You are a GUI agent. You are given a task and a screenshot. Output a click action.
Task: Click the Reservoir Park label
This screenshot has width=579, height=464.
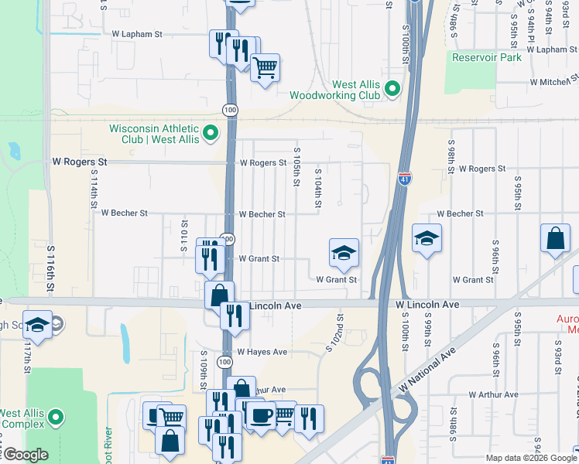pos(487,56)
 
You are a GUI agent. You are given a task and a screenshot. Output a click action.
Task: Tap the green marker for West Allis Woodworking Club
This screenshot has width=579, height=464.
pos(392,90)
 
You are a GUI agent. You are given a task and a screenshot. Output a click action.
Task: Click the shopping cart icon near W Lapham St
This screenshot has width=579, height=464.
pos(266,68)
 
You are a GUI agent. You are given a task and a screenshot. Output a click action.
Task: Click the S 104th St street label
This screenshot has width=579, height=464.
pos(317,189)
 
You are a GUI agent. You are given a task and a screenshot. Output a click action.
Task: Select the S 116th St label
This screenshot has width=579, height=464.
pos(50,268)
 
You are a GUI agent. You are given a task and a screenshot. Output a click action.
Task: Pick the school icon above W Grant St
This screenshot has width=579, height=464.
pos(344,252)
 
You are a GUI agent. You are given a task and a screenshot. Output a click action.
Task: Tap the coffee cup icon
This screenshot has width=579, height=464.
pos(260,415)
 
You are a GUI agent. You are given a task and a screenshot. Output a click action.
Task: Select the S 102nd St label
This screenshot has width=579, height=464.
pos(339,333)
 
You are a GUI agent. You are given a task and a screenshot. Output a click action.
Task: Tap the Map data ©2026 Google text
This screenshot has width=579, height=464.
pos(526,458)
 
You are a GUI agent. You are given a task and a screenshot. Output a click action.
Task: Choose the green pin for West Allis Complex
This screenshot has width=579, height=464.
pos(55,418)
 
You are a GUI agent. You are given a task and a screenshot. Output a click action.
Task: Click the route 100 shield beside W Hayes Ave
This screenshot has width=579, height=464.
pos(224,362)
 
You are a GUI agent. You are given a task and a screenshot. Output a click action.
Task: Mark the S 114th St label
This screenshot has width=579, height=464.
pos(92,203)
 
